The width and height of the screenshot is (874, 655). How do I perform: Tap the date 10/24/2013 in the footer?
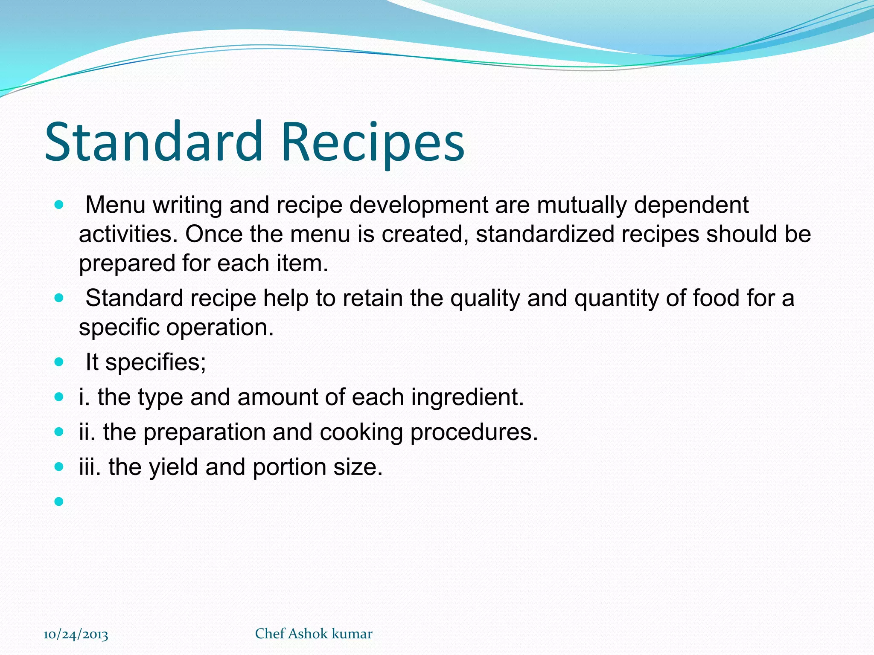pyautogui.click(x=76, y=635)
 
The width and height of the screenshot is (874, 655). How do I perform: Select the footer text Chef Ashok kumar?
pyautogui.click(x=314, y=634)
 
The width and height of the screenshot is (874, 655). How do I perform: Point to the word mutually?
pyautogui.click(x=582, y=206)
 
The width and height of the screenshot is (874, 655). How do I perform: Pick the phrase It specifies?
pyautogui.click(x=146, y=362)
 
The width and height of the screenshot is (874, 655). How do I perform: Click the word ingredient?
pyautogui.click(x=467, y=397)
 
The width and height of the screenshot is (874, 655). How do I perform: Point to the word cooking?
pyautogui.click(x=361, y=432)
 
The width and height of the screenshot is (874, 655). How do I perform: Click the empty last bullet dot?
pyautogui.click(x=59, y=501)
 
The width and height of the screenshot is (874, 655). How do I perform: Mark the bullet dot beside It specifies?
pyautogui.click(x=59, y=362)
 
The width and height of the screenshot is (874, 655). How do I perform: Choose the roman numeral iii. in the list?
pyautogui.click(x=90, y=467)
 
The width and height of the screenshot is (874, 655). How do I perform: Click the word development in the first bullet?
pyautogui.click(x=418, y=206)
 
